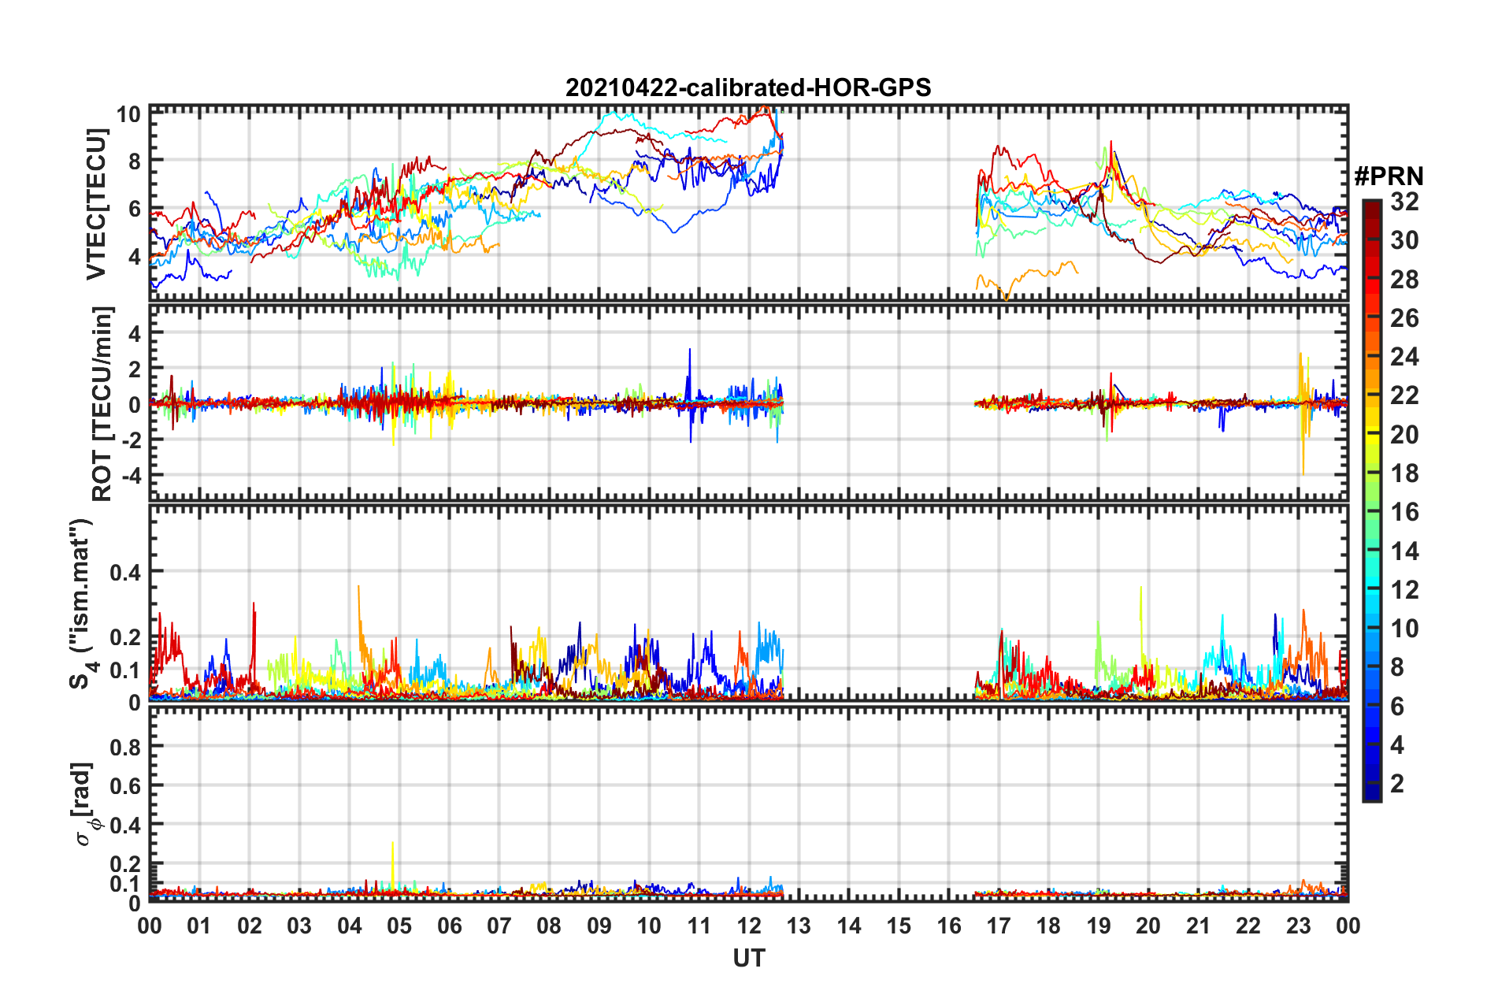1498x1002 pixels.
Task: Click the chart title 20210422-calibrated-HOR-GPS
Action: [x=747, y=87]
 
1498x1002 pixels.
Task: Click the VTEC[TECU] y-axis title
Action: [x=96, y=205]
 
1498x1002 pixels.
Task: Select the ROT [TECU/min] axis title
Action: [x=102, y=403]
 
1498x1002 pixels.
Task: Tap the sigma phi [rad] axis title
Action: [x=85, y=803]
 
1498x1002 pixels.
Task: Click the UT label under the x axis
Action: [x=748, y=958]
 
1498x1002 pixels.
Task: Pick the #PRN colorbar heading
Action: [x=1389, y=176]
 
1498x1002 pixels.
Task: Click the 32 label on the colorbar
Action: [x=1404, y=202]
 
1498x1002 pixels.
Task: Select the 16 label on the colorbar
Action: [x=1404, y=512]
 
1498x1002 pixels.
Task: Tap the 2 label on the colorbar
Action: [x=1397, y=783]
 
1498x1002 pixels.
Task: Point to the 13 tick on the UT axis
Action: [x=799, y=926]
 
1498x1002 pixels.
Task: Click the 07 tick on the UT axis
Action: [x=499, y=926]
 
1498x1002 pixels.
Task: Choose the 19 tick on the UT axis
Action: [x=1099, y=926]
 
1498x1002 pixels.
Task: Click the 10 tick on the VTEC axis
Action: [x=128, y=114]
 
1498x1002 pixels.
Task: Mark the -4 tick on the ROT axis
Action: [x=129, y=475]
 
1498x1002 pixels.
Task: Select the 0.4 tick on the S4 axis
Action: [x=125, y=572]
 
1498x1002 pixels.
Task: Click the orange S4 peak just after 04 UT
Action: [x=358, y=588]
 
